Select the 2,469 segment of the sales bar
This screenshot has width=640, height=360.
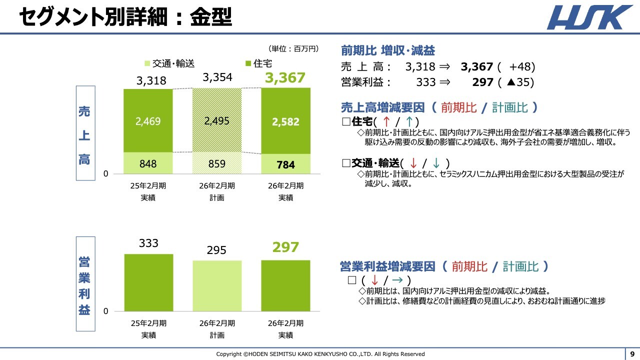(x=147, y=121)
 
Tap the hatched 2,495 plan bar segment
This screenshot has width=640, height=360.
(x=217, y=121)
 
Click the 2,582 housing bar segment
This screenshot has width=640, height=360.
(x=285, y=121)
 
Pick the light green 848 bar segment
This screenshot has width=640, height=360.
(x=147, y=163)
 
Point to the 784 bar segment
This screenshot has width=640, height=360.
(x=285, y=164)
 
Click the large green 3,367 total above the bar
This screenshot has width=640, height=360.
(x=285, y=78)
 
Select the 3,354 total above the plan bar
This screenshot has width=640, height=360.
(x=217, y=77)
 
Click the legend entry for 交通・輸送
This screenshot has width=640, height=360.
(x=169, y=63)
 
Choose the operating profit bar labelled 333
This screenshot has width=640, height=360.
(x=148, y=282)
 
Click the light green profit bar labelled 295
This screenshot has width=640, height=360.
(x=217, y=285)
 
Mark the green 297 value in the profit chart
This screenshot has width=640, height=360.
(x=285, y=247)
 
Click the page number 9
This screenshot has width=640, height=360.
(x=632, y=353)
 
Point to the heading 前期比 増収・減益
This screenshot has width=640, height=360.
(x=387, y=50)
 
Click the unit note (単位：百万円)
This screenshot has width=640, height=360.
(x=293, y=48)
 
